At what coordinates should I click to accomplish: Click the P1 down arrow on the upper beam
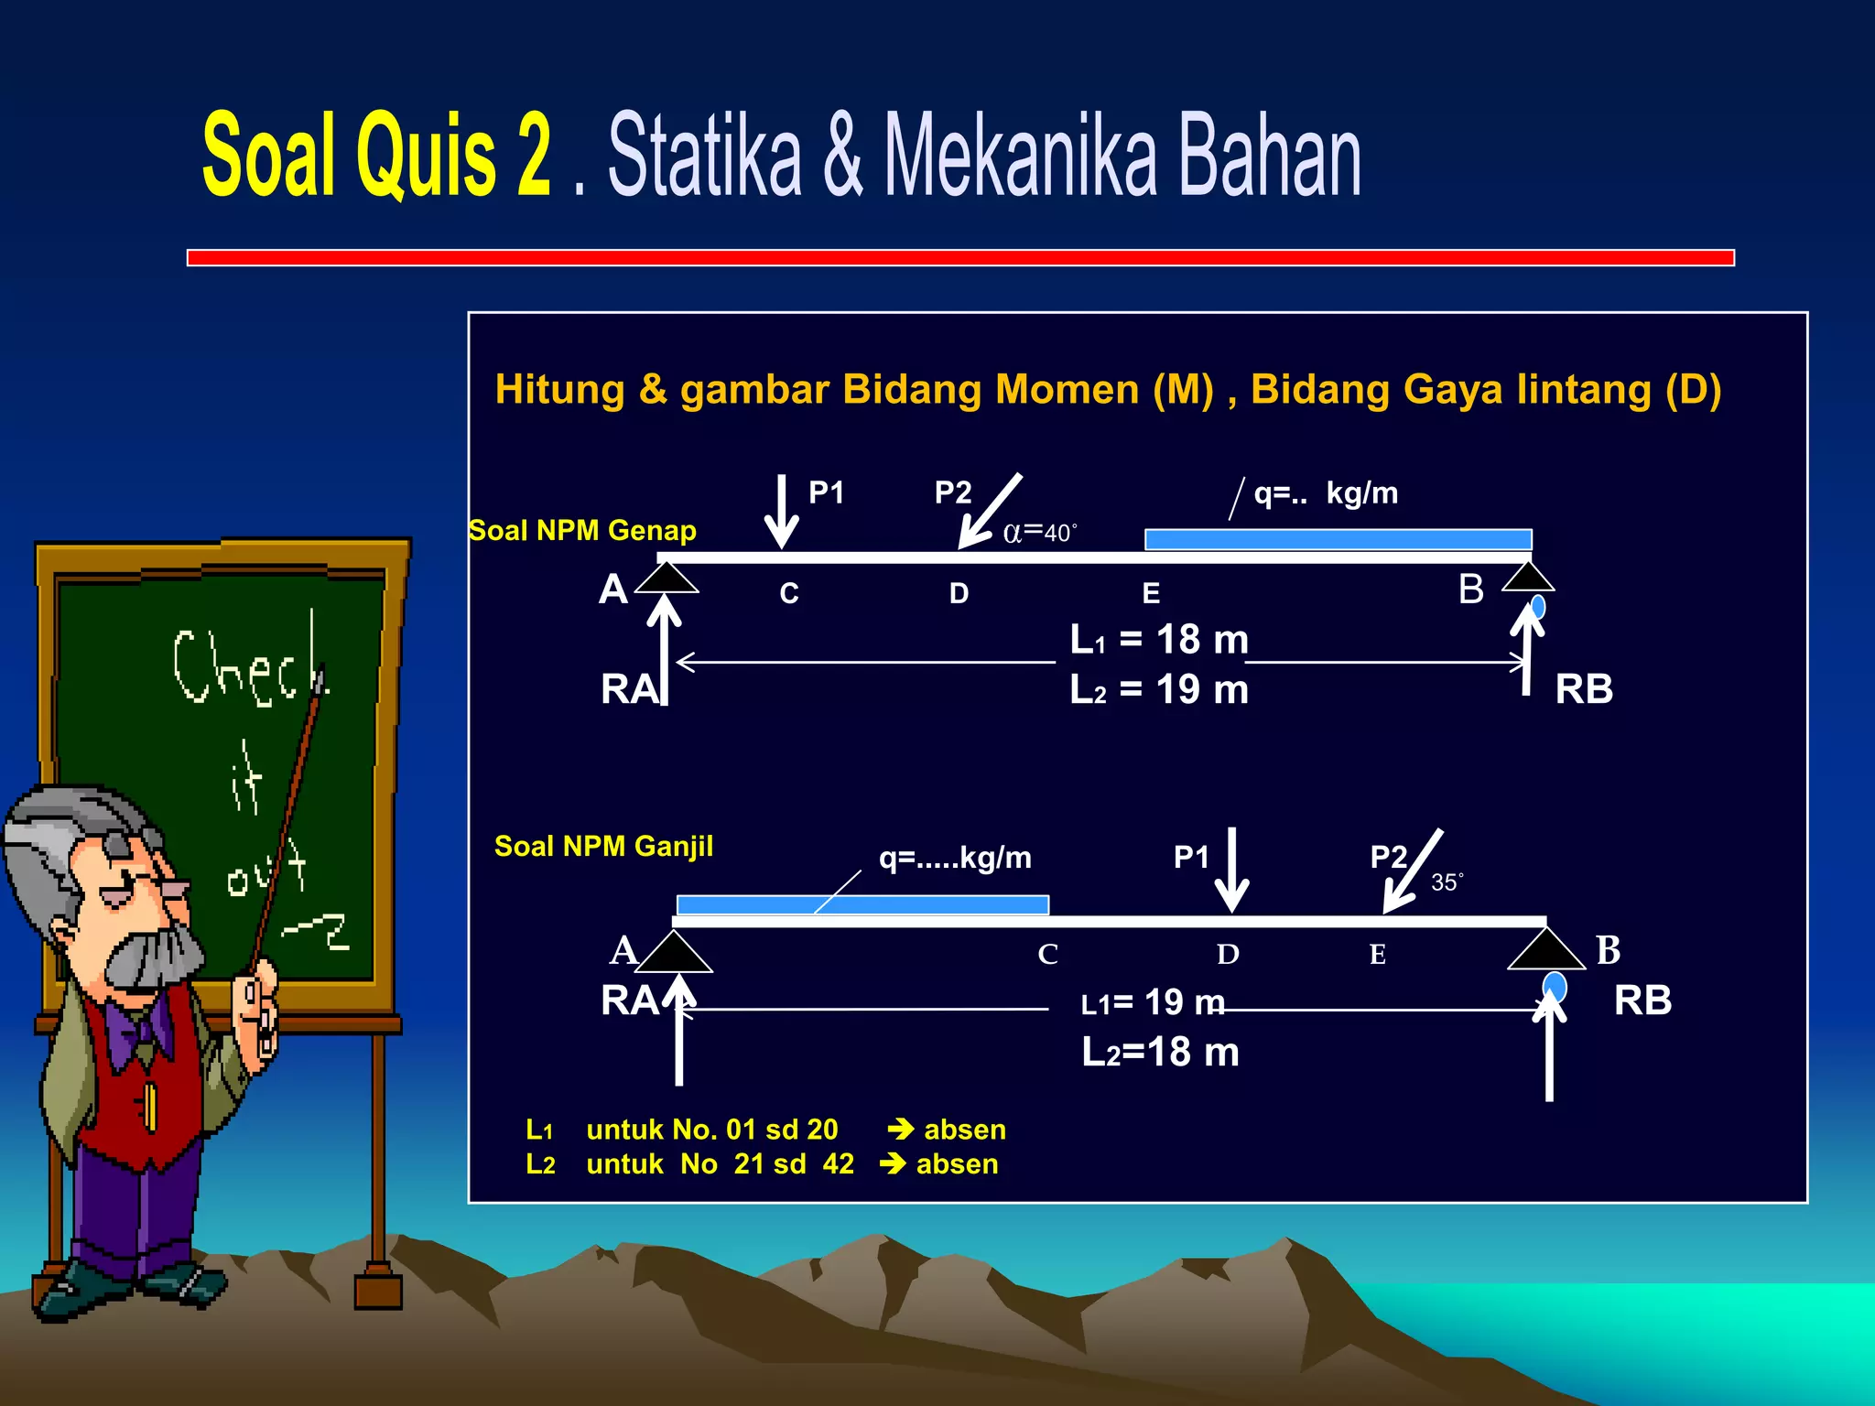coord(781,511)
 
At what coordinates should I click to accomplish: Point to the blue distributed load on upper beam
coord(1338,539)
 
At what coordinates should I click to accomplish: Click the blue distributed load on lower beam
coord(862,904)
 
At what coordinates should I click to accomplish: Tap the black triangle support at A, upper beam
coord(667,578)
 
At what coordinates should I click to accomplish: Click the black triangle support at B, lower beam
coord(1545,949)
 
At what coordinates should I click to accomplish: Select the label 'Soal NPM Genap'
coord(582,531)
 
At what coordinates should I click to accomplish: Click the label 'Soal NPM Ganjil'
coord(603,846)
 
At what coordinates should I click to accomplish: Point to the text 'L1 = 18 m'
coord(1159,639)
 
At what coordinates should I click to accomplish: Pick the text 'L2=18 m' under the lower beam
coord(1160,1052)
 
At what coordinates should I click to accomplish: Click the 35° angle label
coord(1447,882)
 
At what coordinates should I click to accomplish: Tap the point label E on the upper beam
coord(1151,594)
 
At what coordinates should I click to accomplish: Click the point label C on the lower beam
coord(1047,955)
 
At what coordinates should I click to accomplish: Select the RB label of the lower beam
coord(1642,1000)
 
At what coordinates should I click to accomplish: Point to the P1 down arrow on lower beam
coord(1232,870)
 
